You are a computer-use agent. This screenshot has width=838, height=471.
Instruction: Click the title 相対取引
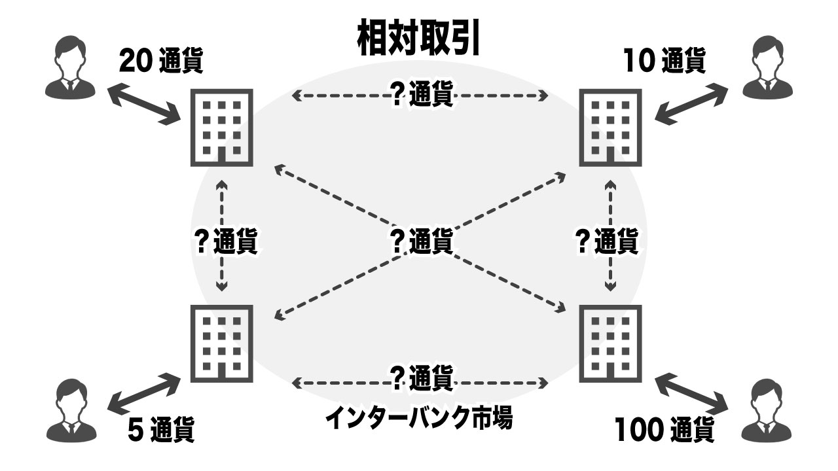(x=419, y=38)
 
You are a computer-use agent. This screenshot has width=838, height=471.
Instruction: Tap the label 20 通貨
(x=161, y=63)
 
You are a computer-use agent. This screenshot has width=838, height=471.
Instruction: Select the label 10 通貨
(x=663, y=62)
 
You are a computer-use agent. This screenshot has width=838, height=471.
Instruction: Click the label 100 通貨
(x=664, y=430)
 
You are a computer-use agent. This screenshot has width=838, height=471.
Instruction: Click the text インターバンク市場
(x=419, y=416)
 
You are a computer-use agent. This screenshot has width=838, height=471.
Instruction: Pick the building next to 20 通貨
(x=221, y=127)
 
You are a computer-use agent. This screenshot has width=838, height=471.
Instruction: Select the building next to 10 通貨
(x=611, y=127)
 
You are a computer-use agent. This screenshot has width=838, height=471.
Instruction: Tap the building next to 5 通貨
(x=221, y=343)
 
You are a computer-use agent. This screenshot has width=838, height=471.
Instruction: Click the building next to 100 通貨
(x=611, y=343)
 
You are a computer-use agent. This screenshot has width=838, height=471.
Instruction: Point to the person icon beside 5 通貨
(x=70, y=410)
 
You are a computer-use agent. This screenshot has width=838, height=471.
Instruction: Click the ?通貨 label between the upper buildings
(x=421, y=97)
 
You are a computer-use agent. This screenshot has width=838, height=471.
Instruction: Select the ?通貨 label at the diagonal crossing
(x=421, y=241)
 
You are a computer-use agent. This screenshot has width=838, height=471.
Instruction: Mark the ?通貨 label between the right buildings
(x=606, y=241)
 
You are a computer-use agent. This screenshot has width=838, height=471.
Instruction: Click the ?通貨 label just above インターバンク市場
(x=421, y=377)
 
